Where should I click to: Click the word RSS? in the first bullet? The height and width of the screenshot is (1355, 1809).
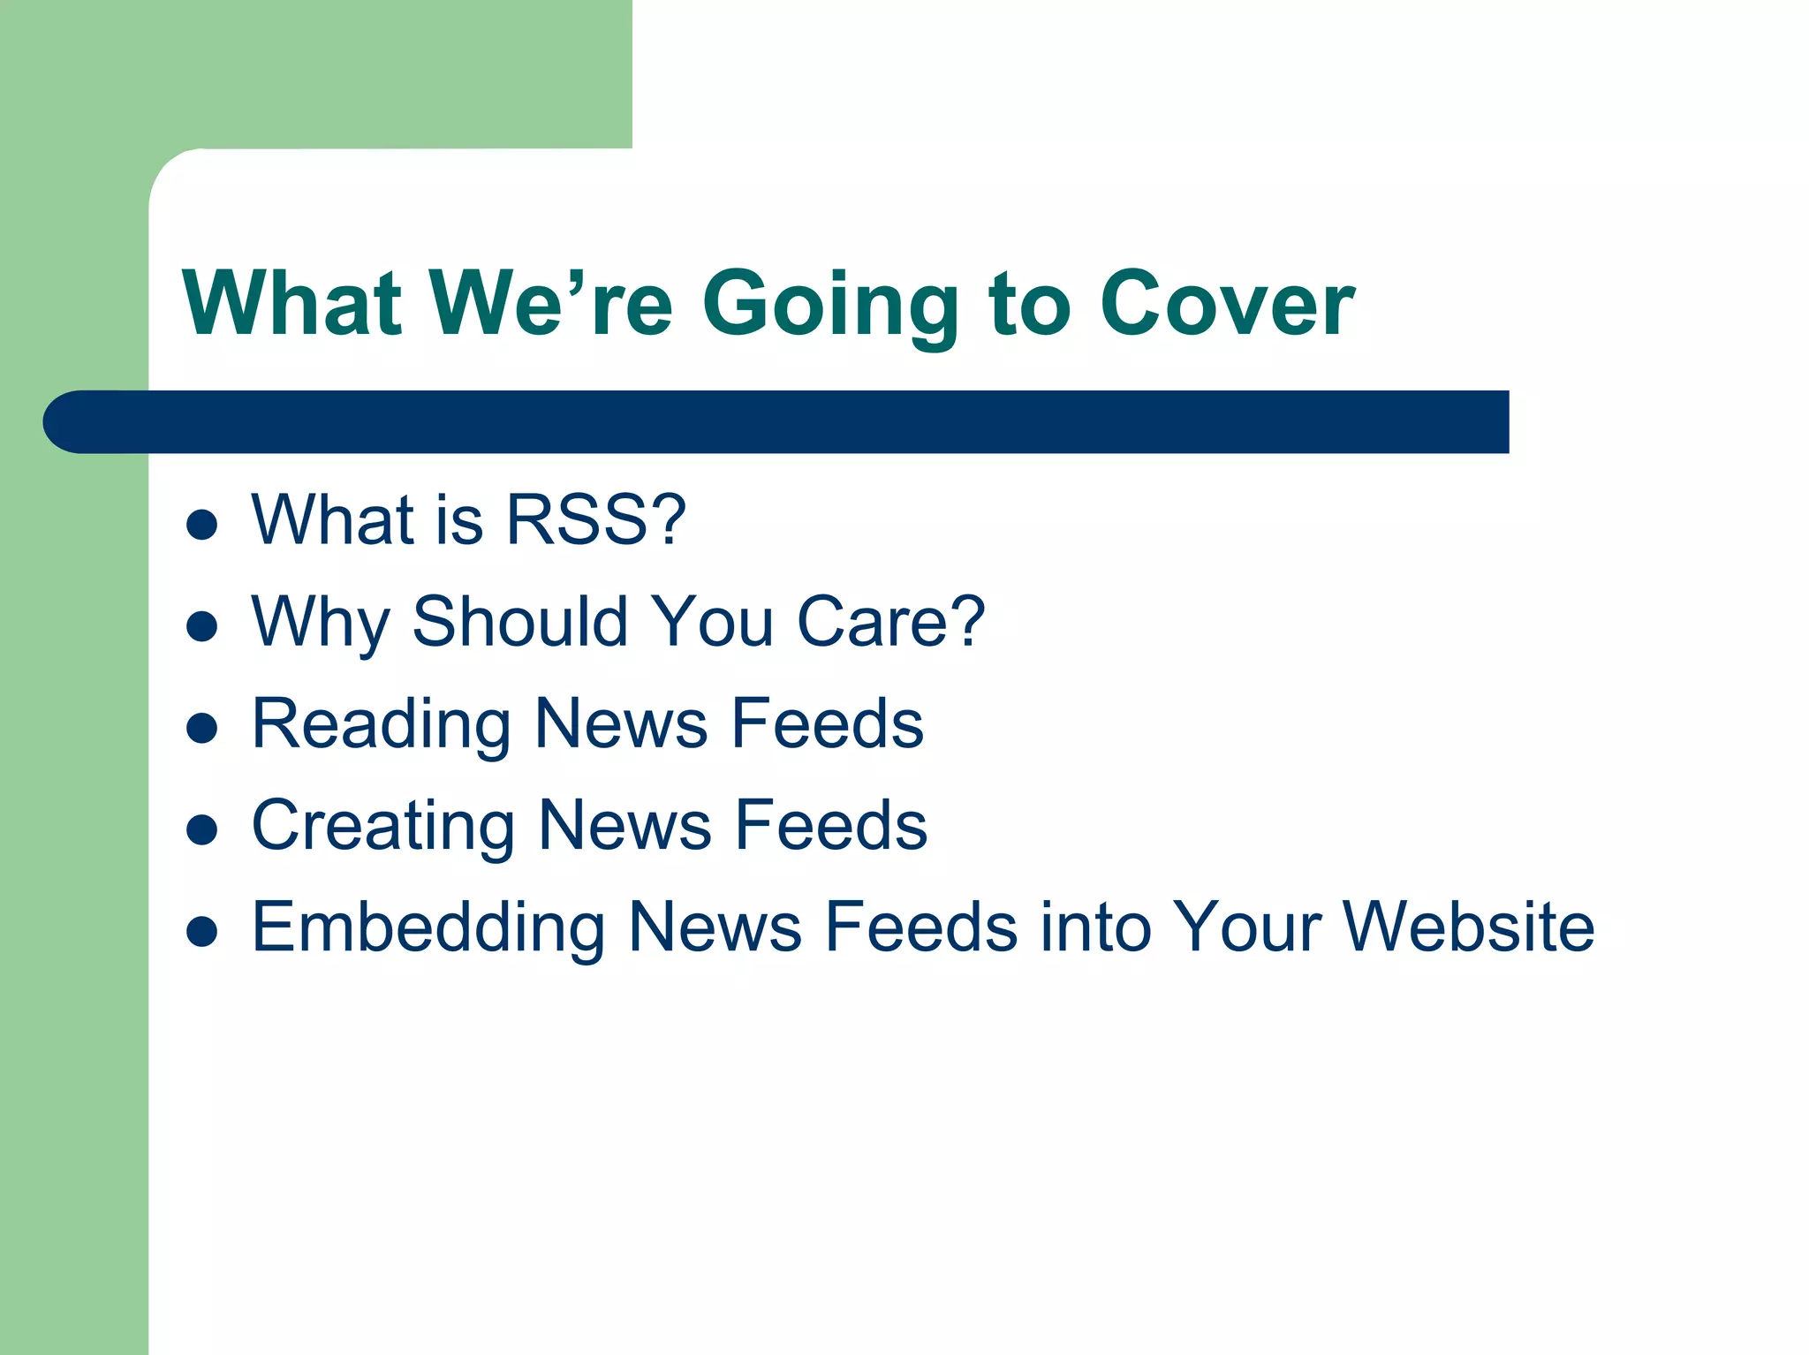[x=595, y=520]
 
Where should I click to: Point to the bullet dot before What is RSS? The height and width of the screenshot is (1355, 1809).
[x=202, y=524]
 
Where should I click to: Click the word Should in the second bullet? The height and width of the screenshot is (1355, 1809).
[x=519, y=622]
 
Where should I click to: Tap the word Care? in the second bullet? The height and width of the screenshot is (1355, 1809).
[x=890, y=622]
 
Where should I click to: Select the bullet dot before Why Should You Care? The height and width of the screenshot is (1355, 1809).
[x=202, y=626]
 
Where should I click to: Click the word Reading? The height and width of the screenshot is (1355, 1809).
[x=381, y=724]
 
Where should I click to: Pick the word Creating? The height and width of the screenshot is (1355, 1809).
[x=382, y=826]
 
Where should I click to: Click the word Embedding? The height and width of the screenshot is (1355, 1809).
[x=428, y=927]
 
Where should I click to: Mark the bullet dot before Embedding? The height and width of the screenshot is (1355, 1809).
[x=202, y=931]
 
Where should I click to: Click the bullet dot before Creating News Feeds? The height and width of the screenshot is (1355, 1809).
[x=202, y=829]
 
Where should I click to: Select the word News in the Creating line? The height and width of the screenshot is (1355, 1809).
[x=624, y=826]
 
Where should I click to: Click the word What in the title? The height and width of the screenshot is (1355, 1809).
[x=292, y=303]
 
